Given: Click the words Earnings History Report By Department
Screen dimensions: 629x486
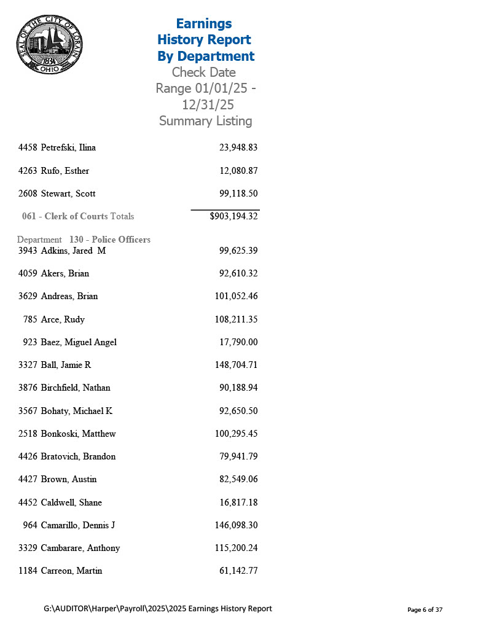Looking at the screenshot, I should tap(205, 40).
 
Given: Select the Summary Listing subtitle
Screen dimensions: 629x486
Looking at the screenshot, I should tap(205, 121).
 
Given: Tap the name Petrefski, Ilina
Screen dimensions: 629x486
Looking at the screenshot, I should tap(68, 147).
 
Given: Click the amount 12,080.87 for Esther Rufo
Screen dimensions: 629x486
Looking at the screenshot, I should tap(238, 171).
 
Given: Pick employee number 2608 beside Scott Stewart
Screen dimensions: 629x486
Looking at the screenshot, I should tap(28, 193).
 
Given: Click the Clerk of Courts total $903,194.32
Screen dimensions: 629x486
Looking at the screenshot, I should tap(233, 216).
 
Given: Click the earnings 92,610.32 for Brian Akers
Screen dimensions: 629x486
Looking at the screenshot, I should tap(238, 273).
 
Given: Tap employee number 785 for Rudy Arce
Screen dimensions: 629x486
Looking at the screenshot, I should tap(30, 319).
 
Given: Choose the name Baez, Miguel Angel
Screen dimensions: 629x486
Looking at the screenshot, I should tap(79, 342).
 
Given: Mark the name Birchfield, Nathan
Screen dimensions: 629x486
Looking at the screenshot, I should tap(76, 388).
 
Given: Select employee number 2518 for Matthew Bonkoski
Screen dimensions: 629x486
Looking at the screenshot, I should tap(28, 434).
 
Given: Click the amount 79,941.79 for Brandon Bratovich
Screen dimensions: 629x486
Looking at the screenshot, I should tap(238, 456).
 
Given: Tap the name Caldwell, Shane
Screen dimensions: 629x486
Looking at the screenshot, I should tap(71, 502).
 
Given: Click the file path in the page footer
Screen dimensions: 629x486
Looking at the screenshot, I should tap(158, 609).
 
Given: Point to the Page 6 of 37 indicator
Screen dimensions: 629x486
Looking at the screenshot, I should tap(425, 610).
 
